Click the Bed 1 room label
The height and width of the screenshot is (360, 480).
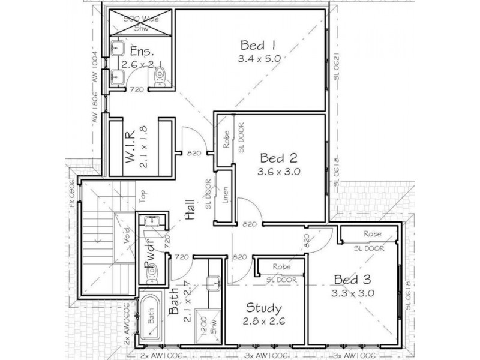point(257,46)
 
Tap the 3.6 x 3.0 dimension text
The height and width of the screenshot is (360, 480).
point(280,171)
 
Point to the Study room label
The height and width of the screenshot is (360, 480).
point(263,308)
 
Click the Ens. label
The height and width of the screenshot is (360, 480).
point(132,51)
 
